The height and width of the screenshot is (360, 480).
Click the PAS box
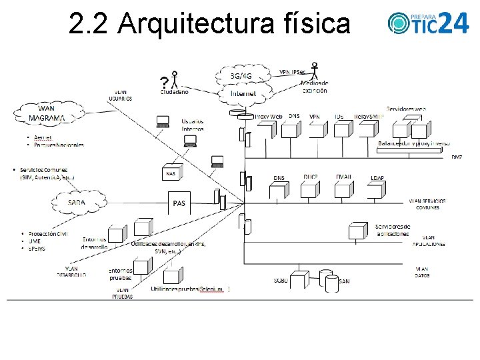(179, 203)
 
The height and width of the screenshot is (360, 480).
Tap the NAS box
(171, 173)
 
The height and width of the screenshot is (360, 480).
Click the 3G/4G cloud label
(241, 76)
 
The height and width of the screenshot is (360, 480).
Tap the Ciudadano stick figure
(175, 79)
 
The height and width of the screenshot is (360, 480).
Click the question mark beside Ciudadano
(164, 83)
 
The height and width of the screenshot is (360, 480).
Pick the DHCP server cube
(309, 191)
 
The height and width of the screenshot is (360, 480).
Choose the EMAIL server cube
(344, 191)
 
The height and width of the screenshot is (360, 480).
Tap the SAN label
(344, 281)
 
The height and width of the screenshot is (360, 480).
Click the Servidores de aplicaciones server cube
(358, 231)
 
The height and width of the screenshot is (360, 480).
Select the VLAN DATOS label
(422, 271)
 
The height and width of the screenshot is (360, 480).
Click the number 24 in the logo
(455, 23)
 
